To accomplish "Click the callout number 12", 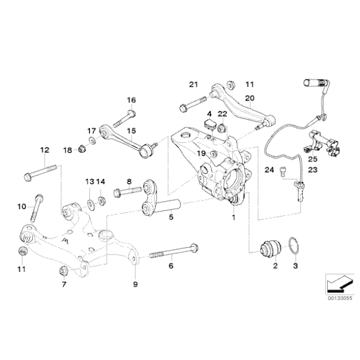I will pos(44,150).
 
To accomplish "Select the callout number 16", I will pos(131,100).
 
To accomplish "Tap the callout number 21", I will pos(192,84).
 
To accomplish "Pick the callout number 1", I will pos(233,218).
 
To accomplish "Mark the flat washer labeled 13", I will pos(90,202).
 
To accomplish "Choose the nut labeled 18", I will pos(81,150).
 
